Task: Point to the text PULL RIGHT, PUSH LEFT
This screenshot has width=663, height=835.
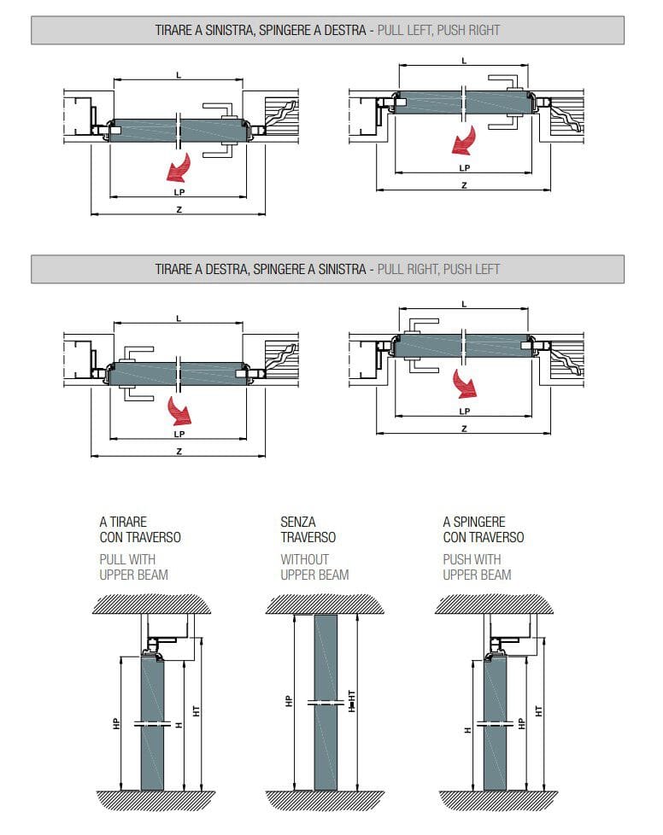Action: [x=439, y=269]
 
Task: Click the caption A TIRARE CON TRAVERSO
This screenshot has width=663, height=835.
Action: [x=140, y=529]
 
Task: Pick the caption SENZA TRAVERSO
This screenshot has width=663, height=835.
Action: [x=308, y=529]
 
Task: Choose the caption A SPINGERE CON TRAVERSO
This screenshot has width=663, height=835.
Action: [x=483, y=529]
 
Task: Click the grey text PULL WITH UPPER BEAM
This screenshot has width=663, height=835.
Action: [x=133, y=567]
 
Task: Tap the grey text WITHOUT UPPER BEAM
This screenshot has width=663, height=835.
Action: [x=314, y=567]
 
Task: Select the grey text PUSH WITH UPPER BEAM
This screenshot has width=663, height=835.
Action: [x=477, y=567]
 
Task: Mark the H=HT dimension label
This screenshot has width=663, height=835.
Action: [x=351, y=704]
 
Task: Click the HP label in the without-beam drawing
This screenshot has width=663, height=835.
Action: [x=288, y=701]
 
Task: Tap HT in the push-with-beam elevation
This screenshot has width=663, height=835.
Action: [x=538, y=709]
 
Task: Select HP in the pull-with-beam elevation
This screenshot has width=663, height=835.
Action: [x=116, y=722]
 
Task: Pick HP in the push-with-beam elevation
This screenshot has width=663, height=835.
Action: [x=521, y=722]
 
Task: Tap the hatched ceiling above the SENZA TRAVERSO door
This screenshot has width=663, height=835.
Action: [x=326, y=604]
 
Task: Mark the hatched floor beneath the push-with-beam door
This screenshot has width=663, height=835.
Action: [x=496, y=800]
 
